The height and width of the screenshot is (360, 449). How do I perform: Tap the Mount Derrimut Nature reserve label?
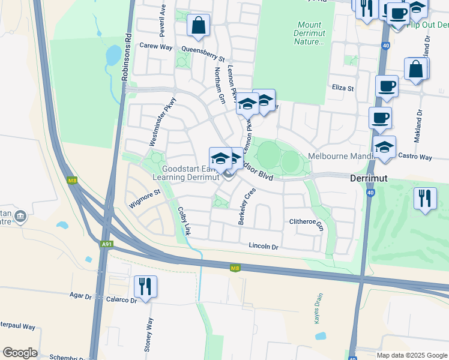pos(310,34)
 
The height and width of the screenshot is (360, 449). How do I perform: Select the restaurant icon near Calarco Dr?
pos(145,287)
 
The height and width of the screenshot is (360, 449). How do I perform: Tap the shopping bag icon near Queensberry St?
pos(198,26)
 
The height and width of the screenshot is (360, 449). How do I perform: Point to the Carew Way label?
pos(155,46)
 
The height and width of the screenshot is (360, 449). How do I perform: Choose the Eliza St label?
pos(343,88)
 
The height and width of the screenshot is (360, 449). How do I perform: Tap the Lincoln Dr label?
pos(264,247)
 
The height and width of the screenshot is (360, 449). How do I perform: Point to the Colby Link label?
pos(184,221)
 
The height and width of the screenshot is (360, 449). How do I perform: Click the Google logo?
pos(20,353)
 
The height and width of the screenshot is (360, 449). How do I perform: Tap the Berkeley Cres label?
pos(247,206)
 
